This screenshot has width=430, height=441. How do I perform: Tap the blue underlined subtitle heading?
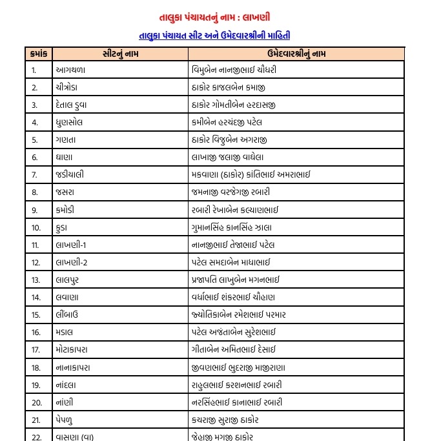[214, 36]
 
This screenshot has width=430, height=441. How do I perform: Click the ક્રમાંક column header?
[38, 54]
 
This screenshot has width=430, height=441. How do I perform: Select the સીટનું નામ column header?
[119, 54]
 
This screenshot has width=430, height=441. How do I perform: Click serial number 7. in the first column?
[35, 174]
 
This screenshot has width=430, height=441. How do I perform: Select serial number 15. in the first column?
[36, 314]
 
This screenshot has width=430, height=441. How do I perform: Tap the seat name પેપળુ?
[67, 420]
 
